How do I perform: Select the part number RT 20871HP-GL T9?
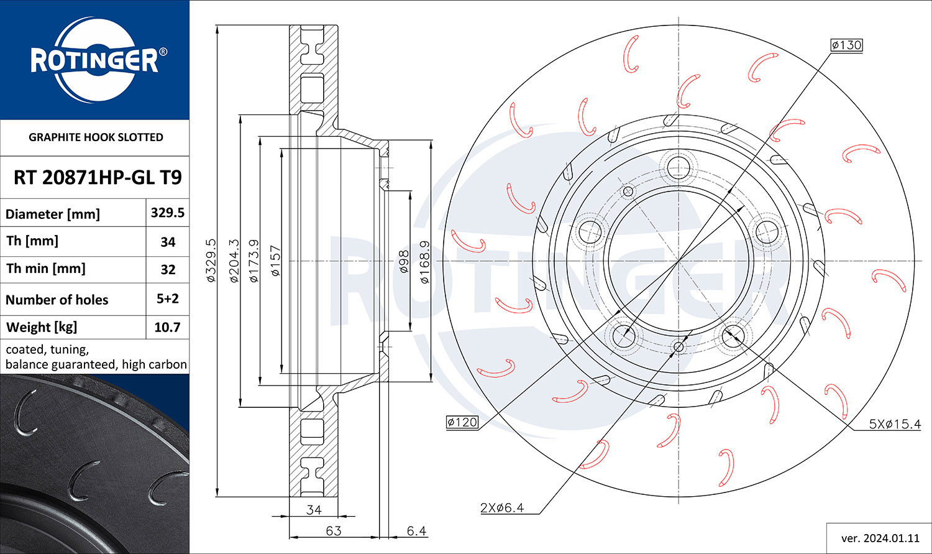click(x=98, y=177)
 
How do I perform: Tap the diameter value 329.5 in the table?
click(x=167, y=213)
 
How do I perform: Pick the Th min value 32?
click(x=168, y=270)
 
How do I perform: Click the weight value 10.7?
click(x=167, y=328)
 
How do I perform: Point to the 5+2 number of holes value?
click(x=167, y=298)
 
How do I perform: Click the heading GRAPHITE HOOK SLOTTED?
click(x=96, y=137)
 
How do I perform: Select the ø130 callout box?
click(x=847, y=45)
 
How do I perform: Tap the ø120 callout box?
click(x=462, y=422)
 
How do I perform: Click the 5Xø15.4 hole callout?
click(x=895, y=424)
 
